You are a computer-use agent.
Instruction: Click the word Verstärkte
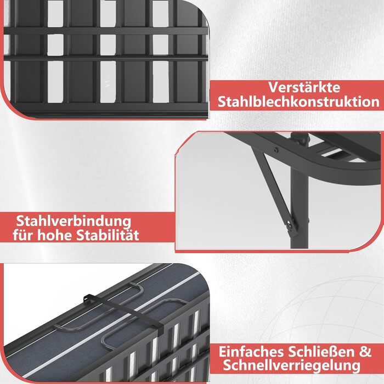tap(304, 87)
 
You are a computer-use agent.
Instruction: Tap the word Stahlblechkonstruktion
tap(298, 102)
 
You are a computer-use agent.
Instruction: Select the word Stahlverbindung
tap(74, 222)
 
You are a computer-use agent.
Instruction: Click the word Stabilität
tap(108, 235)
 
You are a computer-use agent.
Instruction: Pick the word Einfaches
tap(251, 352)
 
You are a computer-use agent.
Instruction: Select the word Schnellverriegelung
tap(291, 366)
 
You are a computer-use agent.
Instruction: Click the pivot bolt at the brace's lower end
tap(290, 225)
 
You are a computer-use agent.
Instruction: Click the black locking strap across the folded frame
tap(123, 312)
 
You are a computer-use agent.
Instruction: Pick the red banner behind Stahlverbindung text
tap(87, 228)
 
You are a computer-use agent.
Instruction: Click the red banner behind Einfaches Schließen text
tap(297, 359)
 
